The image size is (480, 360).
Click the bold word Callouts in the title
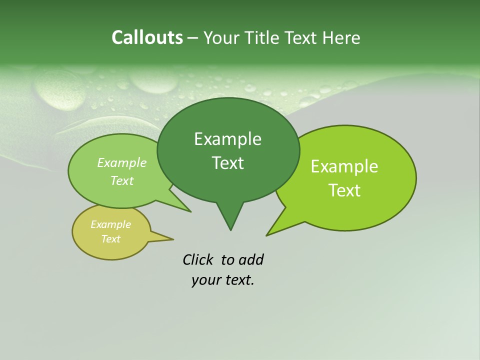tap(147, 37)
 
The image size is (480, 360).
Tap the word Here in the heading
tap(341, 37)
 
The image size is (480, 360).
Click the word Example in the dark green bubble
tap(227, 139)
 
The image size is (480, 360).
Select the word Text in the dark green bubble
tap(227, 163)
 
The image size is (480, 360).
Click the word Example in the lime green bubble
tap(344, 166)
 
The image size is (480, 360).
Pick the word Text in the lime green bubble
tap(344, 190)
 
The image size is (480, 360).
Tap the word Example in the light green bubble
tap(122, 162)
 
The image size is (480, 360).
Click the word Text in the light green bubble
tap(122, 180)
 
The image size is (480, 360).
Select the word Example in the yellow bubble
tap(110, 224)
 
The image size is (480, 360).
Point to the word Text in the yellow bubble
tap(110, 239)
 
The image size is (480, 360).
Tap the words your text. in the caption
tap(222, 280)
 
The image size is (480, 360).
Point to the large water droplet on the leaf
tap(60, 90)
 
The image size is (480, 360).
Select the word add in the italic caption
tap(251, 259)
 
